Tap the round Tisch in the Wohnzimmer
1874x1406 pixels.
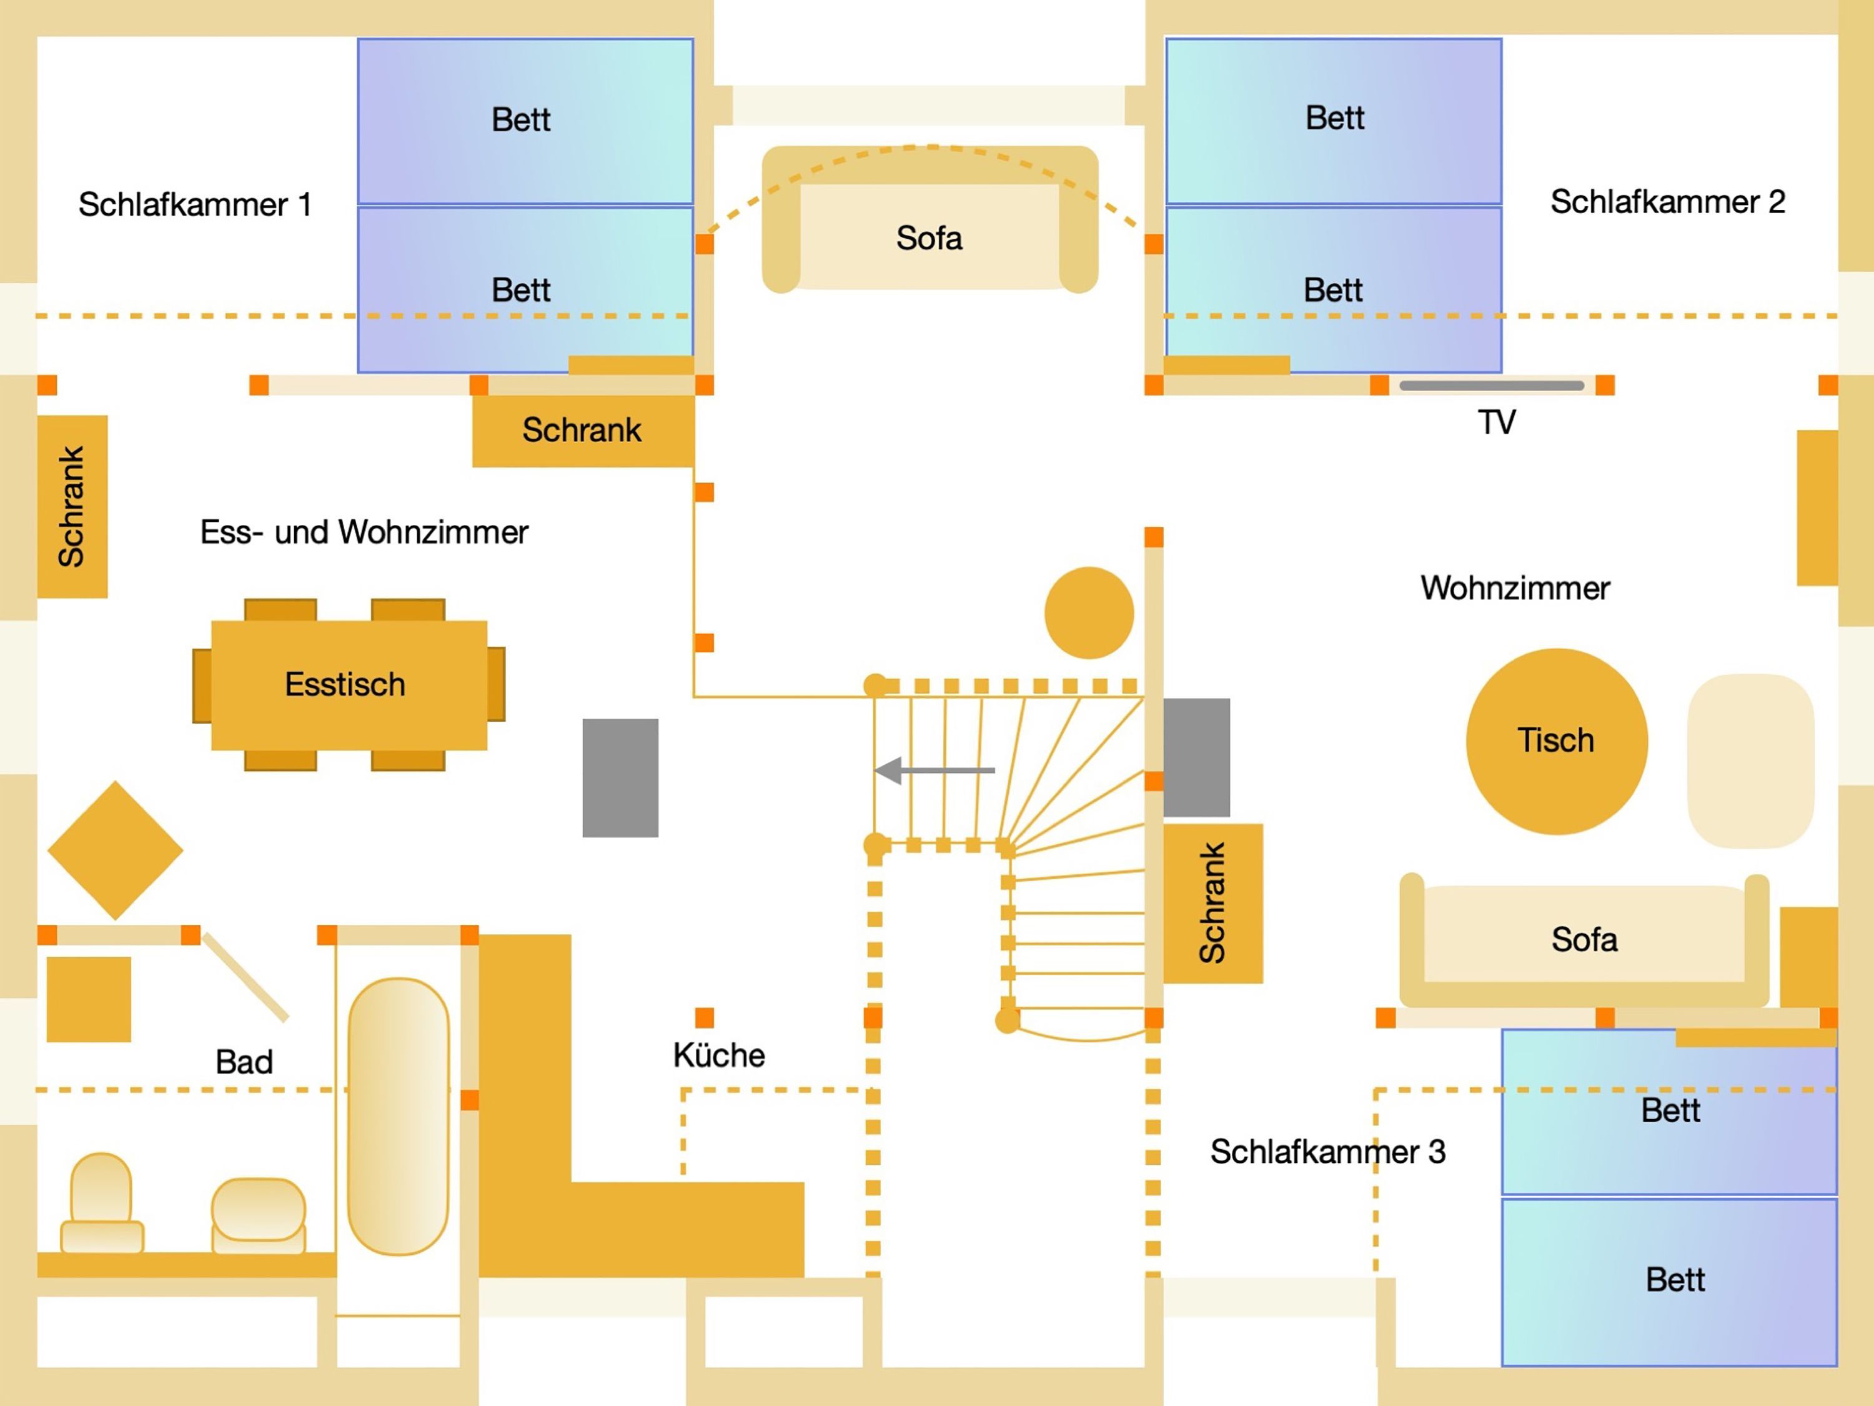1556,740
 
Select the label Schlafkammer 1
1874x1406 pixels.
195,204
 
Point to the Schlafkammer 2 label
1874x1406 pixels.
1667,202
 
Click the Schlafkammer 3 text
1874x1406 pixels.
1327,1152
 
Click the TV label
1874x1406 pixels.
1496,422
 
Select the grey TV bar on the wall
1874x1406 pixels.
1491,386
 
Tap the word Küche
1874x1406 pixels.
718,1056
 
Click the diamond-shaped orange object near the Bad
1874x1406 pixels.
115,850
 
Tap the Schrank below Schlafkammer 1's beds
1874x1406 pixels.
582,431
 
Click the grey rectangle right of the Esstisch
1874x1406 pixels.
620,778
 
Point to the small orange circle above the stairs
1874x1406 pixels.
1089,613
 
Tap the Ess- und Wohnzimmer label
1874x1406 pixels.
364,532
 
